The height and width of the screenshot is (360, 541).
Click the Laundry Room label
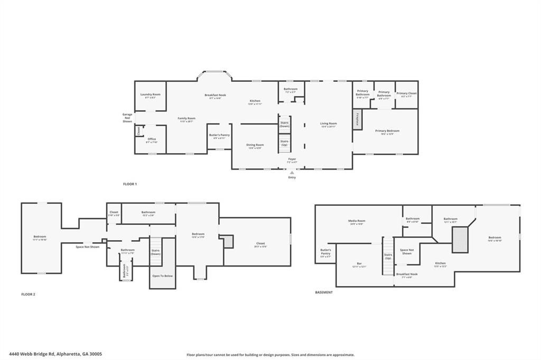[x=150, y=96]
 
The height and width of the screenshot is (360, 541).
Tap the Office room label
[x=152, y=140]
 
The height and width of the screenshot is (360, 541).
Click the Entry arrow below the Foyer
[x=292, y=172]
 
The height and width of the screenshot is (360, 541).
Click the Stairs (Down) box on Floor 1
[x=284, y=124]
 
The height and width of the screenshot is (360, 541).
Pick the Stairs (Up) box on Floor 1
[x=284, y=143]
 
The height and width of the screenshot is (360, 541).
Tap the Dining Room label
[x=256, y=146]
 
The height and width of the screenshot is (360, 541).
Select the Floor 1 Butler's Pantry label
[x=219, y=136]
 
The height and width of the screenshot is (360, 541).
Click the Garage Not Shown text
[x=127, y=118]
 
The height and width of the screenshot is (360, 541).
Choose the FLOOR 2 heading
[x=28, y=295]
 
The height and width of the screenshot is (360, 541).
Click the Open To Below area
[x=162, y=276]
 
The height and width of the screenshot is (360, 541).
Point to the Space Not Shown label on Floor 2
[x=87, y=247]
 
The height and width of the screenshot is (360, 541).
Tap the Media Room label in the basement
[x=357, y=222]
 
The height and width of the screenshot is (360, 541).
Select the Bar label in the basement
[x=359, y=265]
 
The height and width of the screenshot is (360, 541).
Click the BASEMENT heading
[x=324, y=292]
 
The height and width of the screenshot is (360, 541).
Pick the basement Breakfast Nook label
[x=407, y=275]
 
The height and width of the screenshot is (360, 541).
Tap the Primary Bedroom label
[x=387, y=131]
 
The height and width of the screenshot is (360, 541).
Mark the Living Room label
[x=328, y=125]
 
